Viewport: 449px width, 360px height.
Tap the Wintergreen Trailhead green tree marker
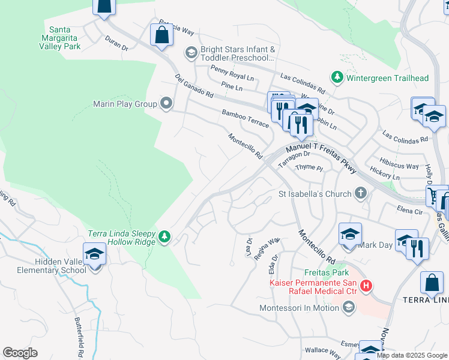pos(337,78)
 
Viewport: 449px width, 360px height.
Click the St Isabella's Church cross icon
pos(360,194)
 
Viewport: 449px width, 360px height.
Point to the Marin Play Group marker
pos(167,104)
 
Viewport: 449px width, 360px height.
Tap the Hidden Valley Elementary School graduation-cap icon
pos(94,256)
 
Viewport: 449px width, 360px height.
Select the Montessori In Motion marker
pos(348,308)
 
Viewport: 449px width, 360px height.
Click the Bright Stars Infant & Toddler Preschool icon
pos(191,53)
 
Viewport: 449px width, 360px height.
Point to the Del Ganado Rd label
pos(194,86)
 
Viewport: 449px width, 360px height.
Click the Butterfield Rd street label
pos(80,337)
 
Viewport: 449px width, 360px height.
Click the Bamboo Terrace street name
pos(245,117)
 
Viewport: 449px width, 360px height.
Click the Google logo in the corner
pos(20,353)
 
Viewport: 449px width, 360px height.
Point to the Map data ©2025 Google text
pos(412,355)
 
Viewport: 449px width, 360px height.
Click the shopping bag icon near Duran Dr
pos(161,35)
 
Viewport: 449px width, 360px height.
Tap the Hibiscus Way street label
pos(399,166)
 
